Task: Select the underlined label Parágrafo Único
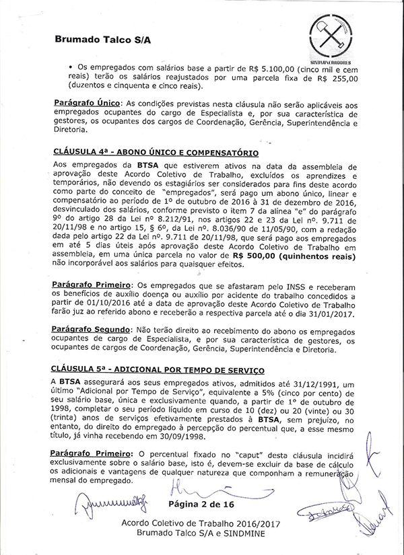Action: [85, 102]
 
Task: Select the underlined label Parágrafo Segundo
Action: [91, 330]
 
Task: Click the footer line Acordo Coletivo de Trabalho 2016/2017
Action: [197, 522]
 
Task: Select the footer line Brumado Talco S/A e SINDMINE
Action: [197, 531]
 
